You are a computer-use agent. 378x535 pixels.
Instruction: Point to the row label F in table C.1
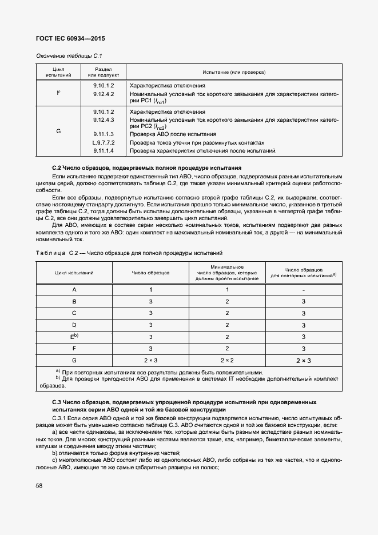[x=58, y=92]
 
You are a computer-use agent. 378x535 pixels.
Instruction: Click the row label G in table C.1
[x=58, y=131]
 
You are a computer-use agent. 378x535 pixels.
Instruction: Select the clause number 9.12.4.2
[x=104, y=94]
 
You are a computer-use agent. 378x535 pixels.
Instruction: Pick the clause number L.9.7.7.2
[x=104, y=142]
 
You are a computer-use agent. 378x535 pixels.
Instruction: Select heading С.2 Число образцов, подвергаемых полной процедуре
[x=146, y=167]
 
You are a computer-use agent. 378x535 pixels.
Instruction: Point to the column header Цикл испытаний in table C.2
[x=74, y=273]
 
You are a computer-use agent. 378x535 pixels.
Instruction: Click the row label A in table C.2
[x=74, y=290]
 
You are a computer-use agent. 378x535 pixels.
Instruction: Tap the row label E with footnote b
[x=74, y=337]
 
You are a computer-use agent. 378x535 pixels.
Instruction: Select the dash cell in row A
[x=303, y=290]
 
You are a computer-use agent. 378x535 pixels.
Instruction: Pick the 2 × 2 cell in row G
[x=227, y=361]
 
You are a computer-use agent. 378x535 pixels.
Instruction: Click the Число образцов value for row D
[x=150, y=325]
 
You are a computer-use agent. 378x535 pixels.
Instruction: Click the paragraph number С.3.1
[x=61, y=418]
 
